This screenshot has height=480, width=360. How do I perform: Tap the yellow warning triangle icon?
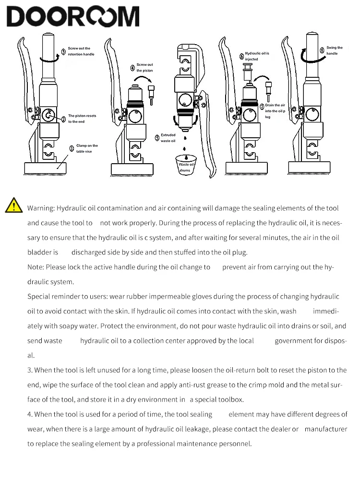click(14, 206)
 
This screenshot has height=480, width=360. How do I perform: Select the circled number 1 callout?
click(72, 148)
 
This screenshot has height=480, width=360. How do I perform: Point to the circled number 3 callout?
click(63, 52)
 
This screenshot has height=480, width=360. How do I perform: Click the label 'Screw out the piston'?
click(144, 67)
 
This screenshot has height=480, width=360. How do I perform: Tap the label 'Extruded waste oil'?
click(168, 138)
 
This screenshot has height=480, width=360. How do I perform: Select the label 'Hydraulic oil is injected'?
click(256, 56)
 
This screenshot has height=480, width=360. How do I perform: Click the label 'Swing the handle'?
click(335, 50)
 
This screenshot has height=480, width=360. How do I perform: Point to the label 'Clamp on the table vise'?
click(87, 148)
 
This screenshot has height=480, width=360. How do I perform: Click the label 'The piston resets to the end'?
click(82, 119)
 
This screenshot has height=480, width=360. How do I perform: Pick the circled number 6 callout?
click(241, 56)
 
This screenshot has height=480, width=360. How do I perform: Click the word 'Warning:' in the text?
click(41, 208)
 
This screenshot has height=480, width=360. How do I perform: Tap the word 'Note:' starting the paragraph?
click(36, 267)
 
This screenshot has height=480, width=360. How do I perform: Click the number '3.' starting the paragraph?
click(30, 370)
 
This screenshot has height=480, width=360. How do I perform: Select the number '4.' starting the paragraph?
click(30, 414)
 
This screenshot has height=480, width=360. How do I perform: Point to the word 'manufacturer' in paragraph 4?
click(325, 429)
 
